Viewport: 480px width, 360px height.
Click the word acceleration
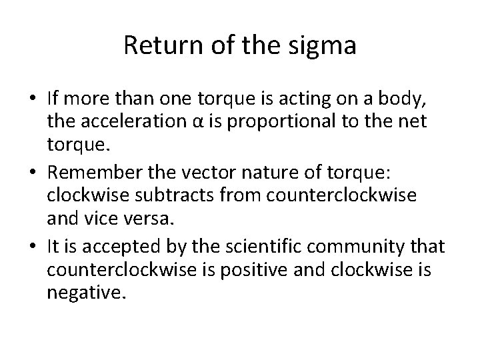pos(136,120)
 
